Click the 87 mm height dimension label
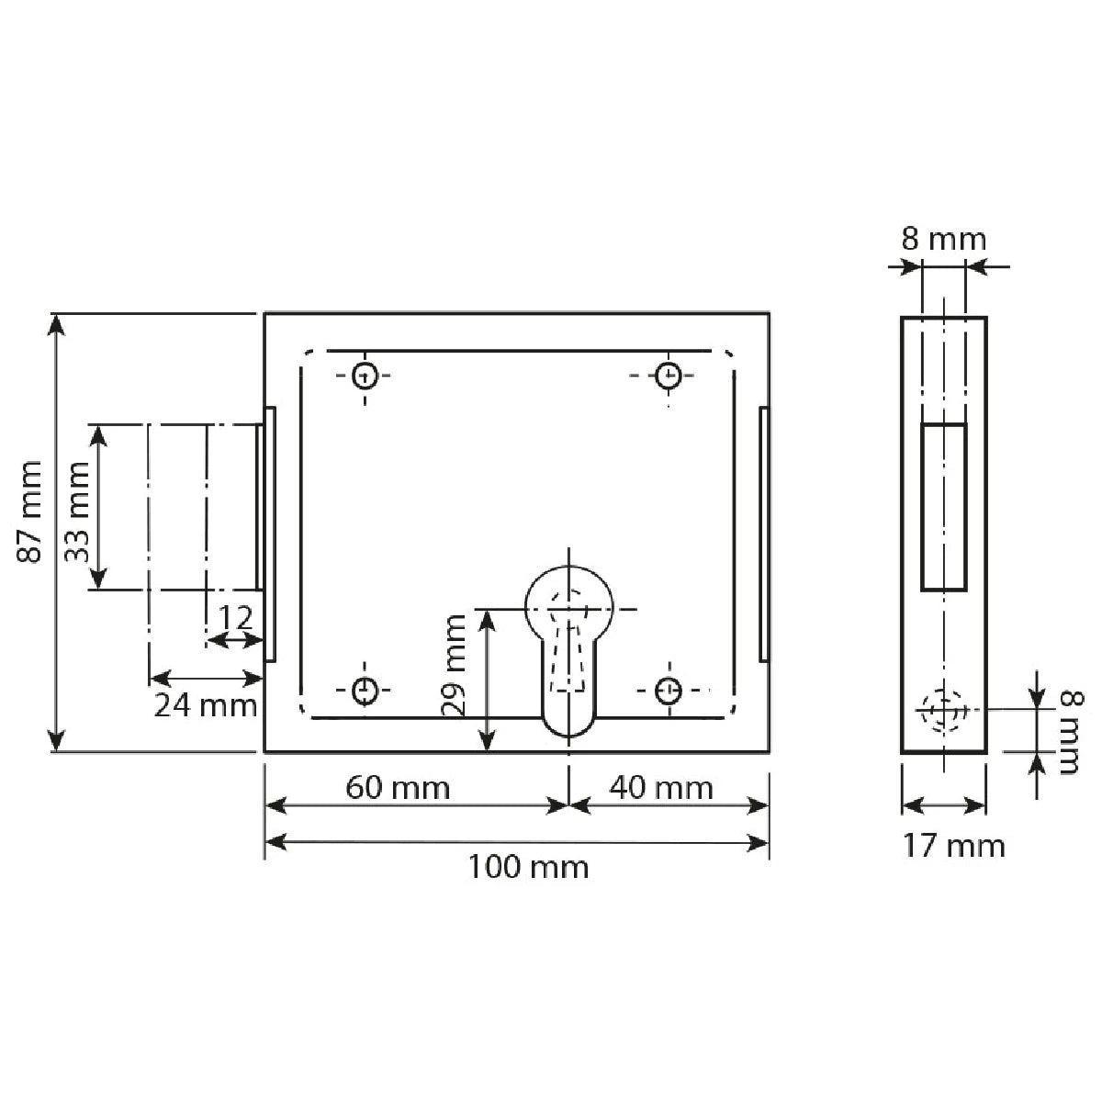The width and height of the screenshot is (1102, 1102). pyautogui.click(x=30, y=511)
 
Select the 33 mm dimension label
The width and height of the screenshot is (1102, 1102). pyautogui.click(x=77, y=511)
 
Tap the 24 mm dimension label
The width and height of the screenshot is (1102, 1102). pyautogui.click(x=205, y=705)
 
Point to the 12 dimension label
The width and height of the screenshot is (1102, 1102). pyautogui.click(x=236, y=618)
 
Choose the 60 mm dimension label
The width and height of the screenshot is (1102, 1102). pyautogui.click(x=398, y=788)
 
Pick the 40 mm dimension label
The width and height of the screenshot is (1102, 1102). pyautogui.click(x=661, y=788)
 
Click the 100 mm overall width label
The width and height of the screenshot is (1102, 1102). pyautogui.click(x=528, y=866)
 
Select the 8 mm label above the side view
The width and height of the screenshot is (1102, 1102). pyautogui.click(x=943, y=240)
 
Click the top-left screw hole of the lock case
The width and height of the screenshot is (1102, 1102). pyautogui.click(x=365, y=375)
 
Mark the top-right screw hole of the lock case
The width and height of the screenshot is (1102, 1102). pyautogui.click(x=668, y=375)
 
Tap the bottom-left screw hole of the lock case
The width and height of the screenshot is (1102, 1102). pyautogui.click(x=365, y=689)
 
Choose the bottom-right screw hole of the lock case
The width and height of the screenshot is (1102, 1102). pyautogui.click(x=668, y=689)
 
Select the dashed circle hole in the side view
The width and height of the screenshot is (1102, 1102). pyautogui.click(x=943, y=710)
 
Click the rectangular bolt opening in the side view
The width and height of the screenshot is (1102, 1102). pyautogui.click(x=943, y=506)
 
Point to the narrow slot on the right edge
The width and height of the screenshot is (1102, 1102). pyautogui.click(x=763, y=534)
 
